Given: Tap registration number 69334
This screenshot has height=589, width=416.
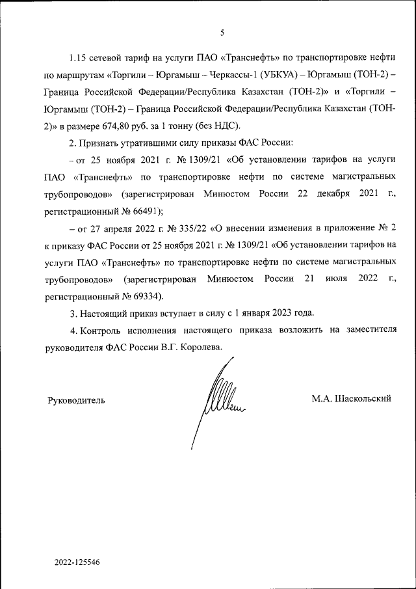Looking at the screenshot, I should (x=138, y=296).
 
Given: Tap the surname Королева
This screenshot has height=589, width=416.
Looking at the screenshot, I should (x=200, y=348).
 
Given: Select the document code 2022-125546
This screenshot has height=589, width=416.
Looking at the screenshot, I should (x=77, y=561).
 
